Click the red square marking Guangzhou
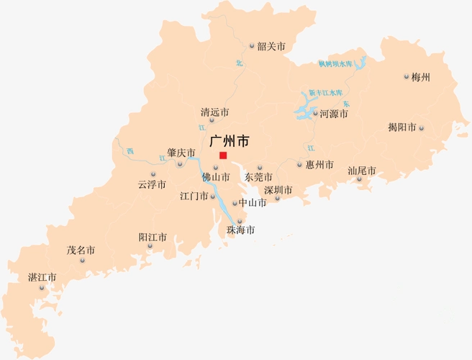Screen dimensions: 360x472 pos(223,156)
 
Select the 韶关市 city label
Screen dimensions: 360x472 pos(271,46)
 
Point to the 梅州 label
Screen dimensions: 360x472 pos(420,77)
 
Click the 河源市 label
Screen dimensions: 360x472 pos(334,114)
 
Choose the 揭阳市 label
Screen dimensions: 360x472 pos(401,128)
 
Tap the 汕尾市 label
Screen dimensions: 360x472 pos(362,171)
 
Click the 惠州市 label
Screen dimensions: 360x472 pos(319,165)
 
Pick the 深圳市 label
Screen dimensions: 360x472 pos(278,191)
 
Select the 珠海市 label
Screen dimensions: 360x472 pos(240,230)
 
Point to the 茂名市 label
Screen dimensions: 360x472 pos(81,251)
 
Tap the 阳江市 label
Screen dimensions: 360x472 pos(153,237)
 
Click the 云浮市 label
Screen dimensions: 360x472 pos(152,184)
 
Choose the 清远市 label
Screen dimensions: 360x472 pos(214,112)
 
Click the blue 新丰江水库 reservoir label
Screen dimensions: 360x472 pos(325,93)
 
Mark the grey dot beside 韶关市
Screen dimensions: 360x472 pos(252,46)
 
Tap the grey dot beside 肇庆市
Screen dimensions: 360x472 pos(180,163)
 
